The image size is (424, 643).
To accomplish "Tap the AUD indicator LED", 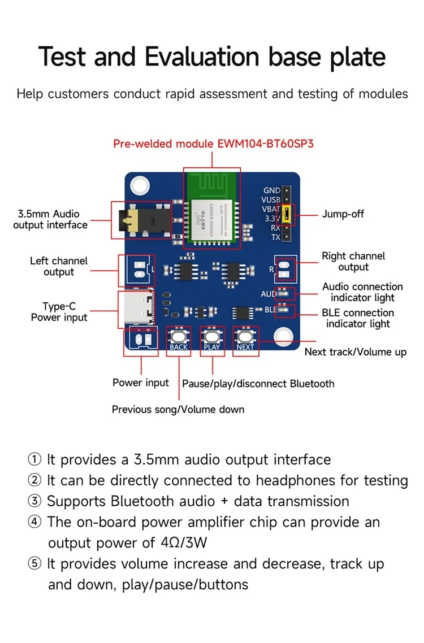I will click(285, 293).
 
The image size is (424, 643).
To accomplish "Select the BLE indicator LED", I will click(285, 310).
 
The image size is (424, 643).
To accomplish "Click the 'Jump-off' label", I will click(343, 214).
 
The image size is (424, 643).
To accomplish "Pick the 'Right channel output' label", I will click(353, 262).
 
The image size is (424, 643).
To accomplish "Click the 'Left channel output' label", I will click(59, 266).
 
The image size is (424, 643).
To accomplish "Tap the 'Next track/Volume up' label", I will click(355, 352).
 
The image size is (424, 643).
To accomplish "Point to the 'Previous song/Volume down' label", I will click(178, 409).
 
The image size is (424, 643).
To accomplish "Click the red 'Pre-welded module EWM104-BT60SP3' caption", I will click(213, 144).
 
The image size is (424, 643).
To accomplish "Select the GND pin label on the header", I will click(272, 191).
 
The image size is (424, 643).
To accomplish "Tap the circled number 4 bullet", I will click(34, 522).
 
